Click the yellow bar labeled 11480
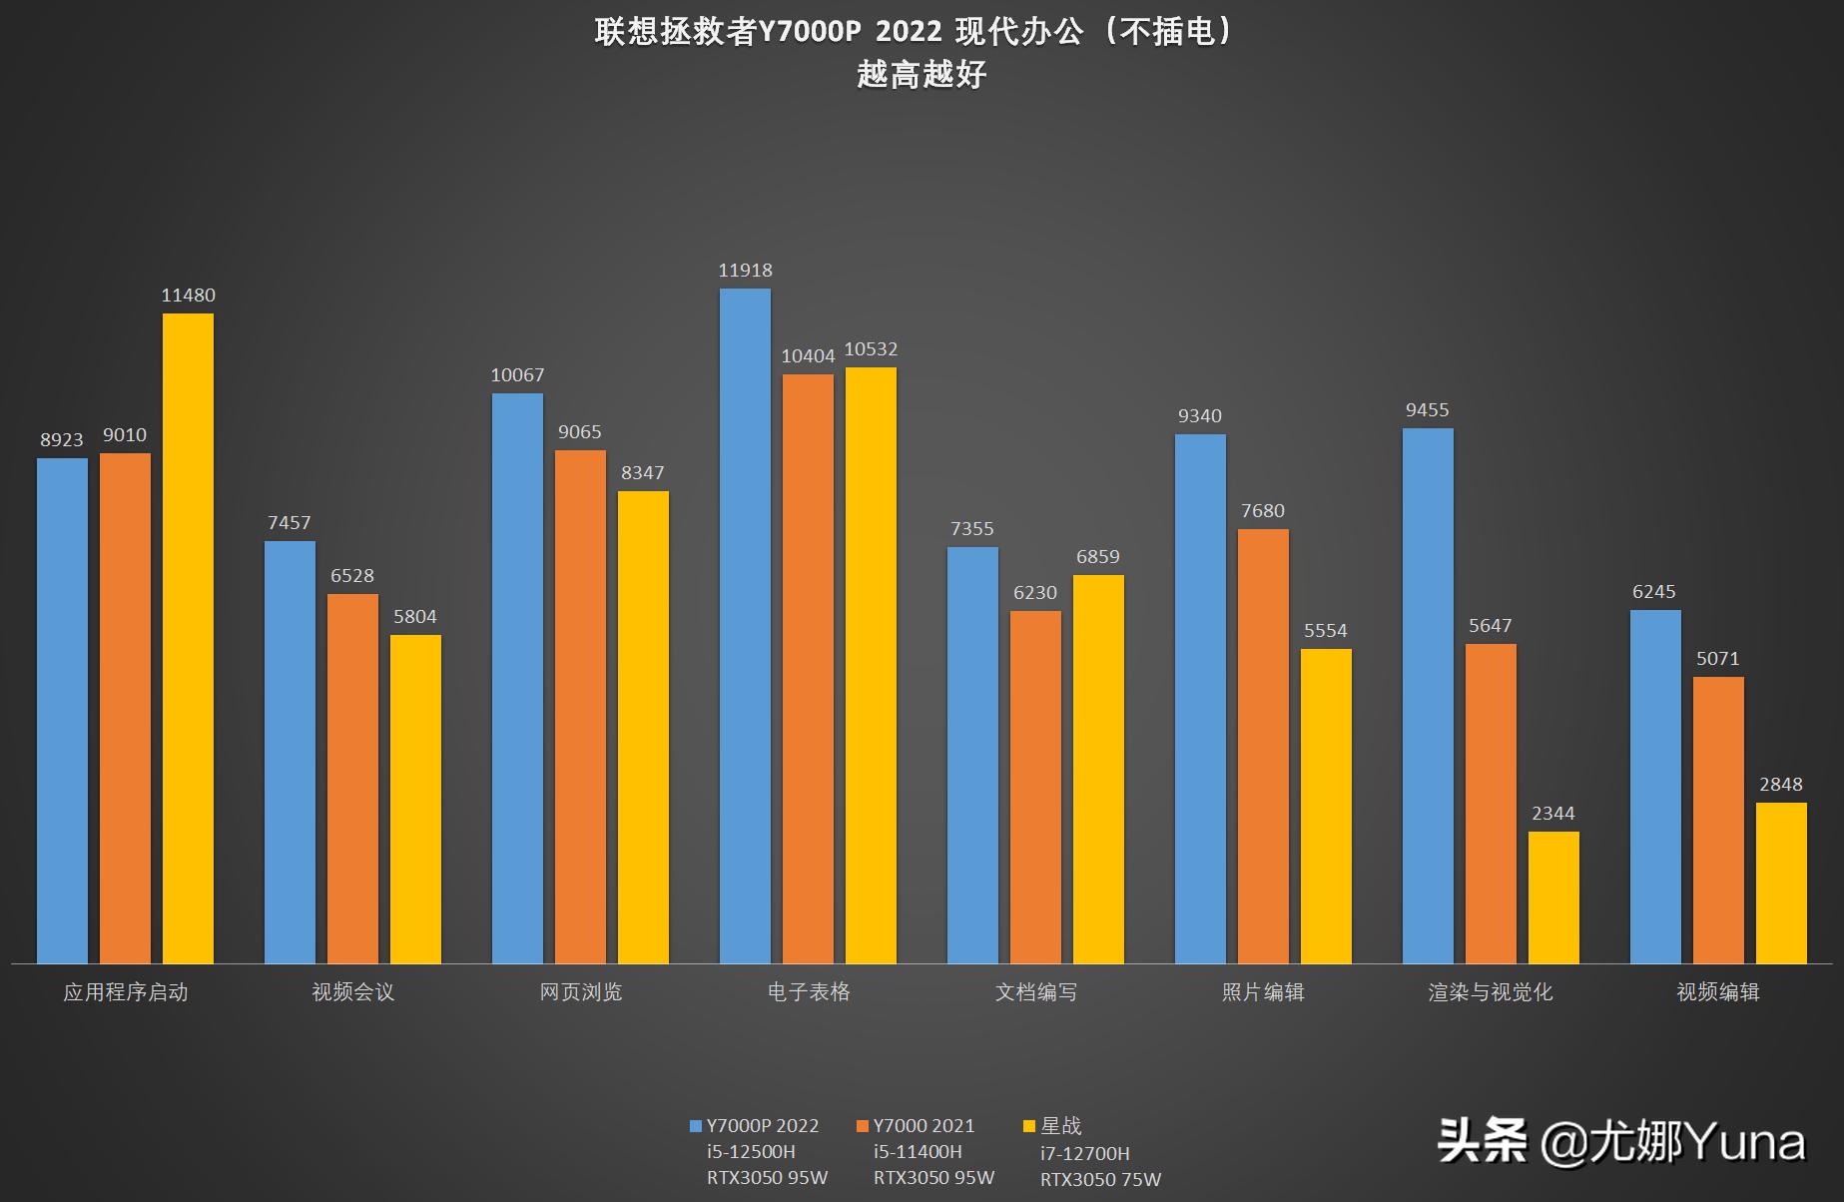point(188,639)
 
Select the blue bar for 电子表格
point(745,626)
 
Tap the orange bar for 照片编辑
point(1263,746)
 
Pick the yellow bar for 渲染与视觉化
point(1553,898)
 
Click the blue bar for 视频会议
point(290,752)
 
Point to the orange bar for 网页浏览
point(580,707)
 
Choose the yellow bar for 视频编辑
point(1781,883)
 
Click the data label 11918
point(745,271)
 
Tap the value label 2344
point(1553,814)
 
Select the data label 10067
point(517,375)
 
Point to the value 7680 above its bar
point(1263,511)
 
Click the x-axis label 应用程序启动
point(126,992)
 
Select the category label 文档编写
point(1036,992)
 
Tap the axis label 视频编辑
point(1717,992)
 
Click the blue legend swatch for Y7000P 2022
point(696,1126)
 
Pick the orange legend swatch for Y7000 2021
point(863,1126)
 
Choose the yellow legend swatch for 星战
point(1029,1126)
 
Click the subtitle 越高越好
point(921,75)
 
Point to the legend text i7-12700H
point(1085,1153)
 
